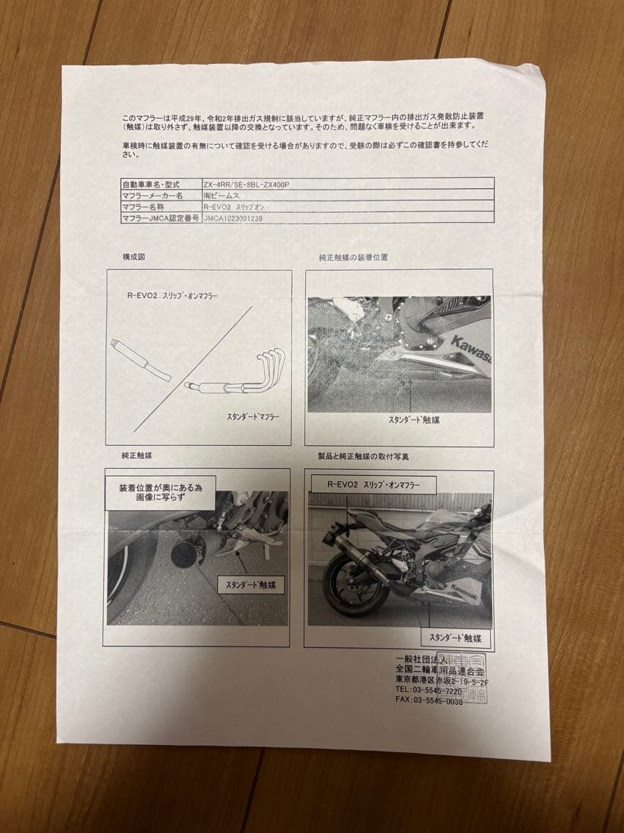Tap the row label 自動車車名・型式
point(150,185)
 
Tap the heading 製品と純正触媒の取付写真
point(363,457)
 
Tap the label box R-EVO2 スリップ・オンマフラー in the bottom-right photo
point(373,484)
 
